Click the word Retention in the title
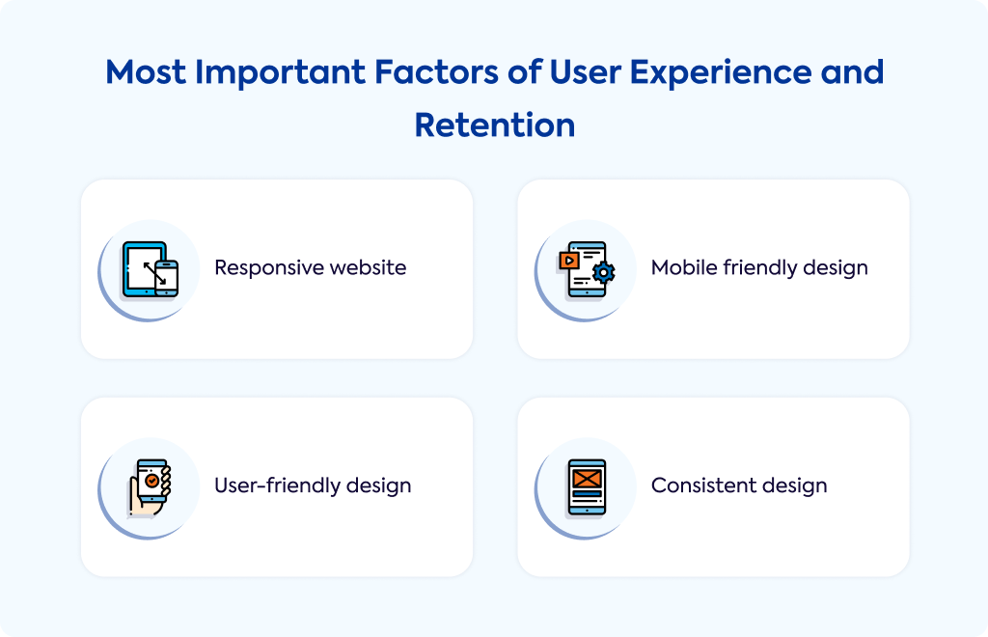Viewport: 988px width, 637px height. coord(495,125)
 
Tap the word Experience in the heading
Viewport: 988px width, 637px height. coord(720,72)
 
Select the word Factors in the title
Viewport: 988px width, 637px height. coord(437,71)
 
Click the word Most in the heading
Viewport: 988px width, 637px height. coord(146,71)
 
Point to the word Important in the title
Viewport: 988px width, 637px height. coord(281,72)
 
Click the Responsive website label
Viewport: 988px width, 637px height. coord(310,267)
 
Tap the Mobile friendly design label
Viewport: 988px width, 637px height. coord(759,267)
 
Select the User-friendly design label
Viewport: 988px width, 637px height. coord(313,485)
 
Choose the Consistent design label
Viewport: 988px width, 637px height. coord(739,485)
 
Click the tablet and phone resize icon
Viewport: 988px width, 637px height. coord(150,269)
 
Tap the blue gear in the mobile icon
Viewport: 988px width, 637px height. coord(604,272)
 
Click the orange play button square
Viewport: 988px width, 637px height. coord(569,261)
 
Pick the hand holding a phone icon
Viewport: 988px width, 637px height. coord(150,487)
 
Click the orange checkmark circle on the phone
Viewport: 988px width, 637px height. coord(151,481)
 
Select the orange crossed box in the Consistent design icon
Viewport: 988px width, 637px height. coord(587,479)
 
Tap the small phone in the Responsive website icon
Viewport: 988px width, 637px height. coord(166,278)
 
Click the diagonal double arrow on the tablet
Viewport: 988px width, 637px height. coord(154,273)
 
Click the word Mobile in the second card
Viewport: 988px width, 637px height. coord(684,267)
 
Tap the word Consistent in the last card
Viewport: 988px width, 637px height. coord(703,485)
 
